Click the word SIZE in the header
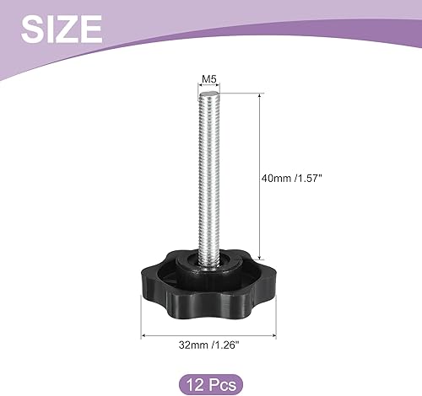(x=61, y=31)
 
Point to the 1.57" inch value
(x=315, y=178)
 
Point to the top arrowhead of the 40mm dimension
(x=258, y=95)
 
